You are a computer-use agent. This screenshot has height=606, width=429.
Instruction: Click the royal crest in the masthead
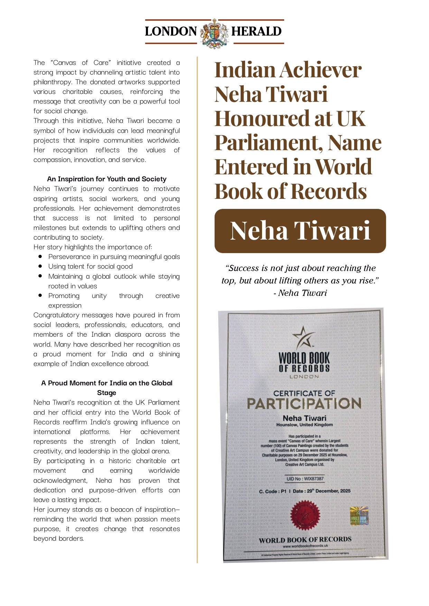(214, 33)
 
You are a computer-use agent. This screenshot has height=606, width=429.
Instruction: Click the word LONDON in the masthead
(171, 31)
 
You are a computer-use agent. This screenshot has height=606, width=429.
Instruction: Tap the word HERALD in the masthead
(256, 31)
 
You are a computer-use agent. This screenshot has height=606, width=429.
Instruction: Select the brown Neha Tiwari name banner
(300, 231)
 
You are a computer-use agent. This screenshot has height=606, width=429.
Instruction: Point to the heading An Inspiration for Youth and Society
(106, 179)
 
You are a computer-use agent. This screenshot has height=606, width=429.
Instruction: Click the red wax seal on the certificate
(305, 516)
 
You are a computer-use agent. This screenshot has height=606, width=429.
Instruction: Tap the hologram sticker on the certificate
(359, 516)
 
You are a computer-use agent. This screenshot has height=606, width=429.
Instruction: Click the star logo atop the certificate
(303, 337)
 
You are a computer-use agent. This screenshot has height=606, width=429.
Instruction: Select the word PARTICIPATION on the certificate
(304, 403)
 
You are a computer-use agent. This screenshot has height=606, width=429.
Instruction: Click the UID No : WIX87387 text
(305, 479)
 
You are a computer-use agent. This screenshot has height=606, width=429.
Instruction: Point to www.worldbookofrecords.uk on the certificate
(305, 546)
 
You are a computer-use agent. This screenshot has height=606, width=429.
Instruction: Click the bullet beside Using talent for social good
(40, 266)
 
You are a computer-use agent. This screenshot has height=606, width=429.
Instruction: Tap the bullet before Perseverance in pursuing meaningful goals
(40, 257)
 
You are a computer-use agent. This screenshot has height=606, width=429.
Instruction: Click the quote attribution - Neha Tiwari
(300, 293)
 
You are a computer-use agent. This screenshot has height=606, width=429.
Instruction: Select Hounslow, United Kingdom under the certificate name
(304, 425)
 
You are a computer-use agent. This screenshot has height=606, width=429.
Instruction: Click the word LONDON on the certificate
(304, 376)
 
